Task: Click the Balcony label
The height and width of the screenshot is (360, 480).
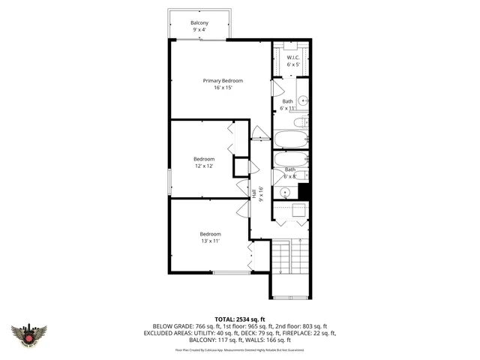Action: pyautogui.click(x=199, y=23)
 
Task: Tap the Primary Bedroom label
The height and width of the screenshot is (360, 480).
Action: pyautogui.click(x=223, y=80)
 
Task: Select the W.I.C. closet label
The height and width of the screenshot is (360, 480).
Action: pyautogui.click(x=293, y=57)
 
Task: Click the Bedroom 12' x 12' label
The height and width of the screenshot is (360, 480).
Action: pyautogui.click(x=204, y=159)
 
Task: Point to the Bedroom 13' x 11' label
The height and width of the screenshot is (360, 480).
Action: pyautogui.click(x=210, y=234)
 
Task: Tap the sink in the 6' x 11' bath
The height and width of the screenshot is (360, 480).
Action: pyautogui.click(x=302, y=100)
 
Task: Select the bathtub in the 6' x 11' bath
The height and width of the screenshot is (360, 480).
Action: pyautogui.click(x=290, y=139)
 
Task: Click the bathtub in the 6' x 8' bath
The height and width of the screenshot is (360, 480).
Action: pyautogui.click(x=290, y=160)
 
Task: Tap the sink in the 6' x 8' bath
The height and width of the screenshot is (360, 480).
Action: pyautogui.click(x=285, y=192)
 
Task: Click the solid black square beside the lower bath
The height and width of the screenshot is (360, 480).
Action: pyautogui.click(x=304, y=191)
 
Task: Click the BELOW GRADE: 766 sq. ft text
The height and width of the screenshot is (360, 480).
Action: pyautogui.click(x=184, y=325)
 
